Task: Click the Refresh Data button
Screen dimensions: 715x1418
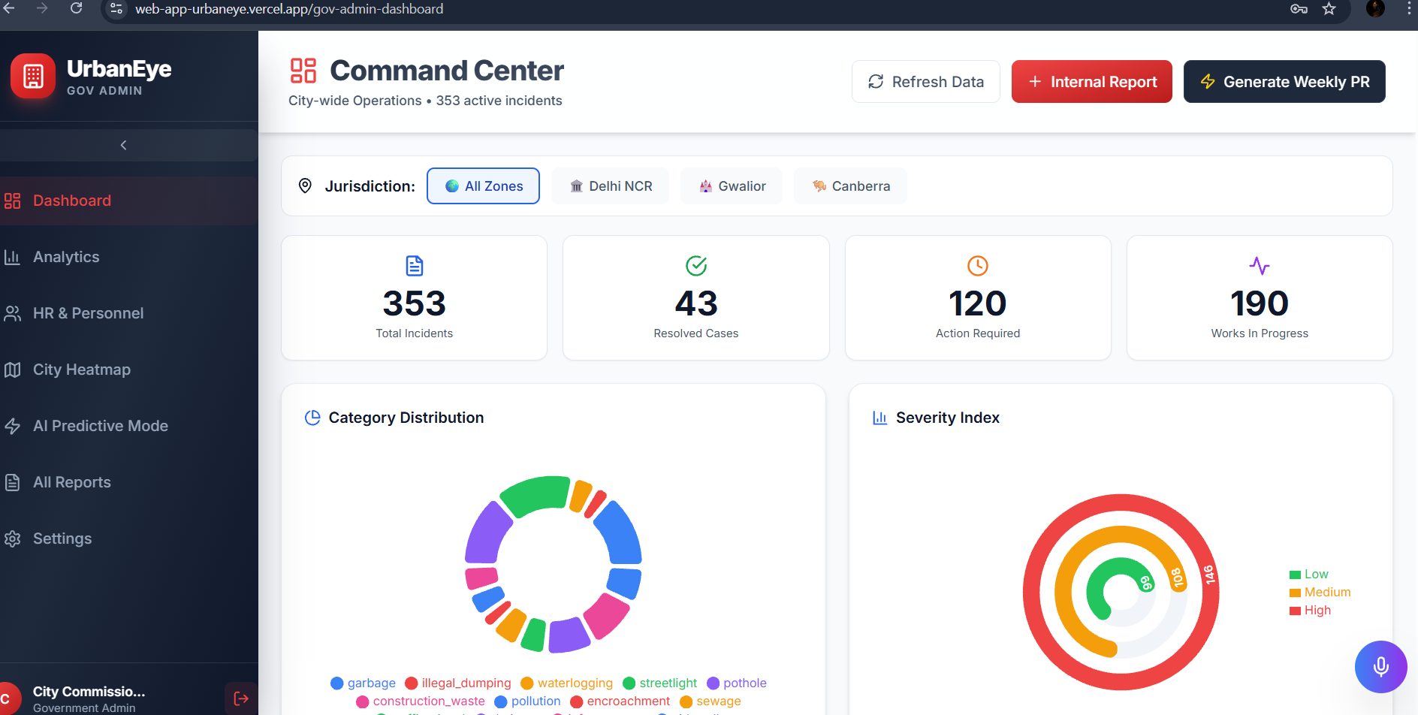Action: coord(925,82)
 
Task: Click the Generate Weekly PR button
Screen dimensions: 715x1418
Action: coord(1284,82)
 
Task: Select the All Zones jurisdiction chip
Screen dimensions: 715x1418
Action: coord(483,186)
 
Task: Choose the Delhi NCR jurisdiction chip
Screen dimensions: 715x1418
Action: coord(610,186)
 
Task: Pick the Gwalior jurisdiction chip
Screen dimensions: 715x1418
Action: coord(731,186)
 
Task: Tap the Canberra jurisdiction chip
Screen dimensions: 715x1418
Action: coord(850,186)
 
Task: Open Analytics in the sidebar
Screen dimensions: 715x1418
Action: coord(66,257)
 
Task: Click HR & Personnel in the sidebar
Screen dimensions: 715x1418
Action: coord(88,313)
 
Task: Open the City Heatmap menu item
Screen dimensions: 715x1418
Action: coord(81,370)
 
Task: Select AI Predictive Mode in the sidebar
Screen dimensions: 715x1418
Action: coord(100,426)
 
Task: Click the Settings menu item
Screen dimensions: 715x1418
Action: coord(62,539)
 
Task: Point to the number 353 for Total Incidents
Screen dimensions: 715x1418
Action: coord(414,303)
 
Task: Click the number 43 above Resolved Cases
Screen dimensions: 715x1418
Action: coord(696,303)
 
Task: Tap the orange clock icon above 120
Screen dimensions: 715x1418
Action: coord(977,266)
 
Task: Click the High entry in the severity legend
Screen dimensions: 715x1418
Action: coord(1311,611)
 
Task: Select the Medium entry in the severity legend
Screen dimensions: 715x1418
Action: coord(1320,593)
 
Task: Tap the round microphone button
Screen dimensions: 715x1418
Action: coord(1380,666)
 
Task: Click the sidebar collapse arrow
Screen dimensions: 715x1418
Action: coord(124,145)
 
